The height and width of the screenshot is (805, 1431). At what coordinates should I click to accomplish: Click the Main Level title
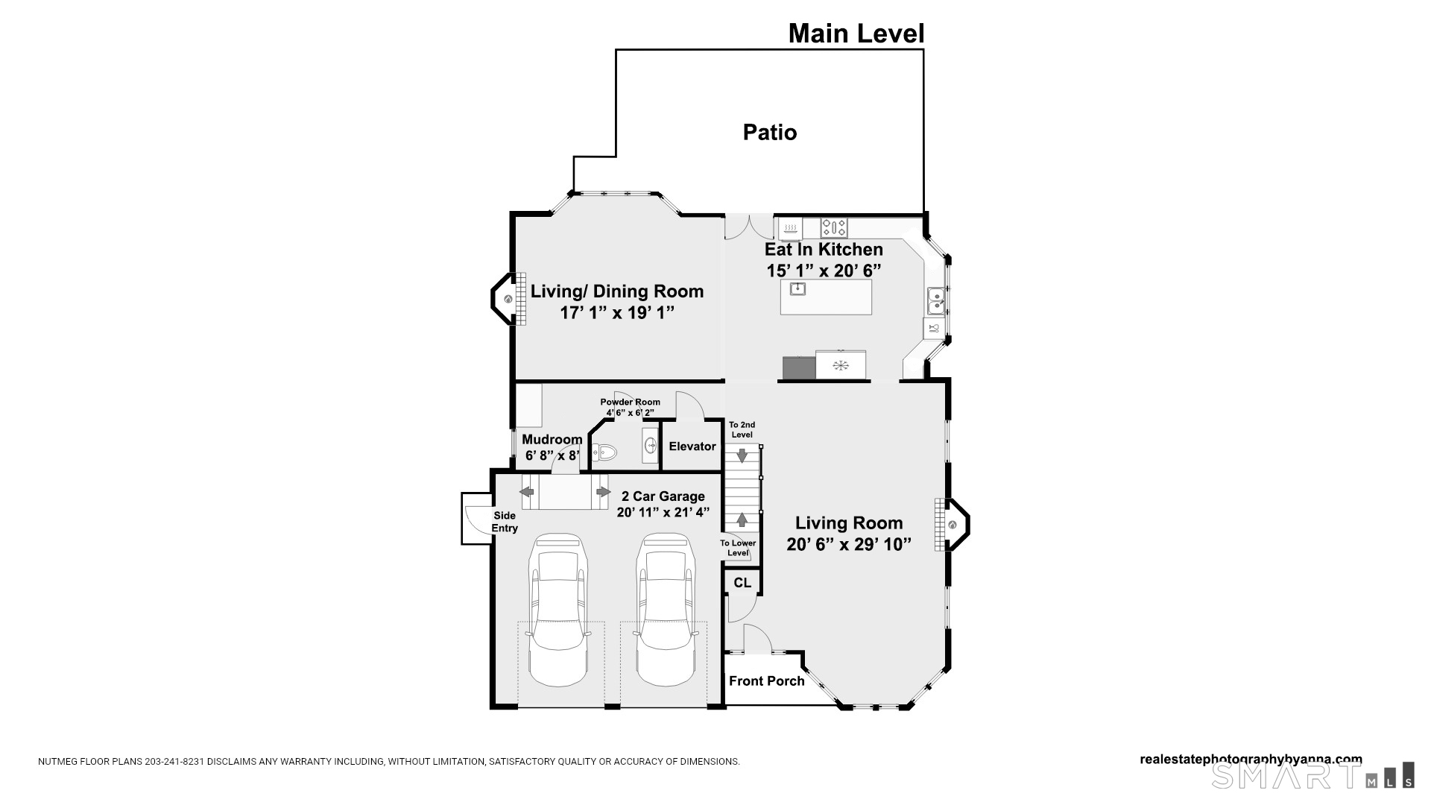(x=856, y=34)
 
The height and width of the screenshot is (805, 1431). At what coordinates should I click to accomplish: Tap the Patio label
(x=770, y=133)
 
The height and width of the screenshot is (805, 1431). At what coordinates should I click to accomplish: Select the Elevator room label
(x=692, y=446)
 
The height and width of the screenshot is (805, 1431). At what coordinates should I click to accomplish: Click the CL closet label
(x=742, y=583)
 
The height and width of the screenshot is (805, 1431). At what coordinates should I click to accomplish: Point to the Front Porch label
(x=766, y=681)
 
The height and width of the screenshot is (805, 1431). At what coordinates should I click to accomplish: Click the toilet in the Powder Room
(x=605, y=452)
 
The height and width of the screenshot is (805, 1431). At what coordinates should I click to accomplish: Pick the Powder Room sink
(x=650, y=446)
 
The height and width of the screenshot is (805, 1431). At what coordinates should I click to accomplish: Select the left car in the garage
(x=557, y=610)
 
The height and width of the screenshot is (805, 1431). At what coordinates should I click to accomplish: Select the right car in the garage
(x=666, y=610)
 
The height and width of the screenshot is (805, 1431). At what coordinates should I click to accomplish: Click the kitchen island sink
(x=797, y=288)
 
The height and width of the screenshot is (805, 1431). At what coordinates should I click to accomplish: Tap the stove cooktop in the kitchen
(x=834, y=227)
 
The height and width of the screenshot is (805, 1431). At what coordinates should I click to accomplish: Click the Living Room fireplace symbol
(x=953, y=525)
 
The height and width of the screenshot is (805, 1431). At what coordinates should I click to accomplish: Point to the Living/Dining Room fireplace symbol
(x=508, y=299)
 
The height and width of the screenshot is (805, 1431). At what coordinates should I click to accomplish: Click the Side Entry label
(x=505, y=522)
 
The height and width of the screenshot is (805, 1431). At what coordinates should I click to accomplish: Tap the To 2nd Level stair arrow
(x=742, y=454)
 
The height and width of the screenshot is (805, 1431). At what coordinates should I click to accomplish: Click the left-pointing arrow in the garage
(x=527, y=492)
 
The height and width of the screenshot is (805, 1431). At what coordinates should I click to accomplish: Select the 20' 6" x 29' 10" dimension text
(x=849, y=545)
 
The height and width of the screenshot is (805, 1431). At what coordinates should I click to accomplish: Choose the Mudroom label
(x=552, y=440)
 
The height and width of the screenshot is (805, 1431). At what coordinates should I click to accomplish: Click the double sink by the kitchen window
(x=935, y=301)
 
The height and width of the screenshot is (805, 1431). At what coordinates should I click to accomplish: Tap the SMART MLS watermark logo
(x=1312, y=776)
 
